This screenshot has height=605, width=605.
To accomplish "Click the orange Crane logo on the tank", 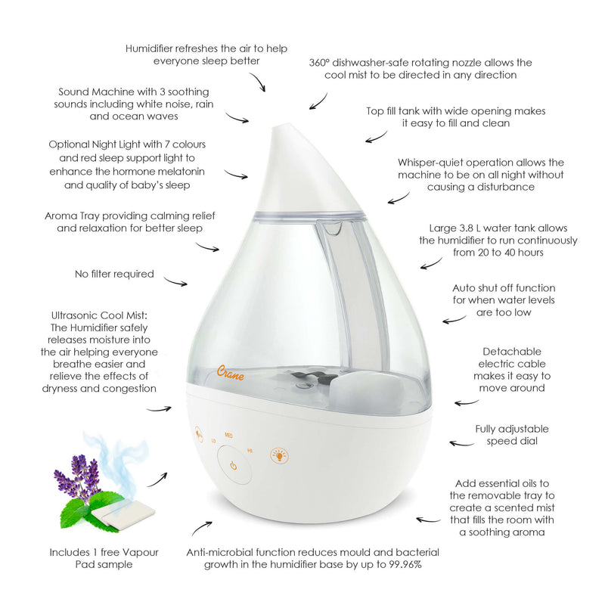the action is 230,373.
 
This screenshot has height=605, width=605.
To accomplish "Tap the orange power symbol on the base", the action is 234,465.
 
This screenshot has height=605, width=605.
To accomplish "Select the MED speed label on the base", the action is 229,436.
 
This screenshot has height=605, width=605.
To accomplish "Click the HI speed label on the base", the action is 250,450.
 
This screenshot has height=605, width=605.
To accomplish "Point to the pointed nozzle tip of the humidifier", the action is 281,127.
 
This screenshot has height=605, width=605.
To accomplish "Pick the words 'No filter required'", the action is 114,274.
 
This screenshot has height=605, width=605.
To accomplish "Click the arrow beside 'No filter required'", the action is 175,281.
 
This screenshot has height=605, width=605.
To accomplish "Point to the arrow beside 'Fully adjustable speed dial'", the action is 462,444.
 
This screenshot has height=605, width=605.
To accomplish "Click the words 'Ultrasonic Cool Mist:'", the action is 99,315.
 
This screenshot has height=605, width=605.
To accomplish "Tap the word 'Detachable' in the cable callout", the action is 512,352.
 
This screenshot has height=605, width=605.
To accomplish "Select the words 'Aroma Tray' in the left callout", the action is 72,216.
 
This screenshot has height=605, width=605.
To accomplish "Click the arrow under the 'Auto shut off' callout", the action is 455,320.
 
